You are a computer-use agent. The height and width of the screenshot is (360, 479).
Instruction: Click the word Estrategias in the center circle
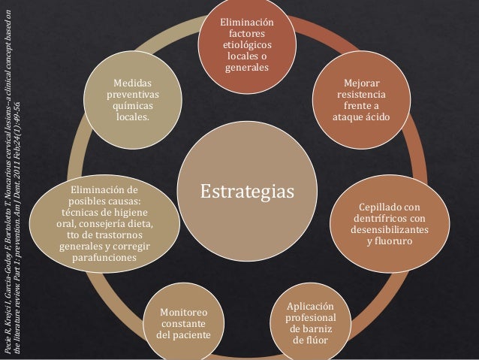[247, 192]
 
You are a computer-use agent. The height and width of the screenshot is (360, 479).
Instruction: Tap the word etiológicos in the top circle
[247, 45]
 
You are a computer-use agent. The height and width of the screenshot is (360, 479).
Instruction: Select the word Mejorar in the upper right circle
[362, 83]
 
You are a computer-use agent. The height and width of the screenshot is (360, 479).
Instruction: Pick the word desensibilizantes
[390, 229]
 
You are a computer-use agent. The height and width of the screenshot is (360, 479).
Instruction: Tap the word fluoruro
[393, 241]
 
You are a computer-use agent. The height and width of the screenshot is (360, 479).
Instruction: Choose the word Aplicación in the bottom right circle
[310, 307]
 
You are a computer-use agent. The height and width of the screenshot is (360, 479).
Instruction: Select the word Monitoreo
[184, 313]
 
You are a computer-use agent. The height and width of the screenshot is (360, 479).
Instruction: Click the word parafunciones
[104, 258]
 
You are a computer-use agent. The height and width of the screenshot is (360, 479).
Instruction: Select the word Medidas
[133, 83]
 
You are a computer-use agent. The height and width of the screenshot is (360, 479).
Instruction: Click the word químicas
[133, 106]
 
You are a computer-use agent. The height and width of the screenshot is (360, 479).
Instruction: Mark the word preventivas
[133, 95]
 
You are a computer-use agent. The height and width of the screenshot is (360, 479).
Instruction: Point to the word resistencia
[361, 94]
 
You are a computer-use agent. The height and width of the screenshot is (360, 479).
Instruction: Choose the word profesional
[311, 318]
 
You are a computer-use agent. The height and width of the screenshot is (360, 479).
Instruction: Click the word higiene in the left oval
[131, 213]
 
